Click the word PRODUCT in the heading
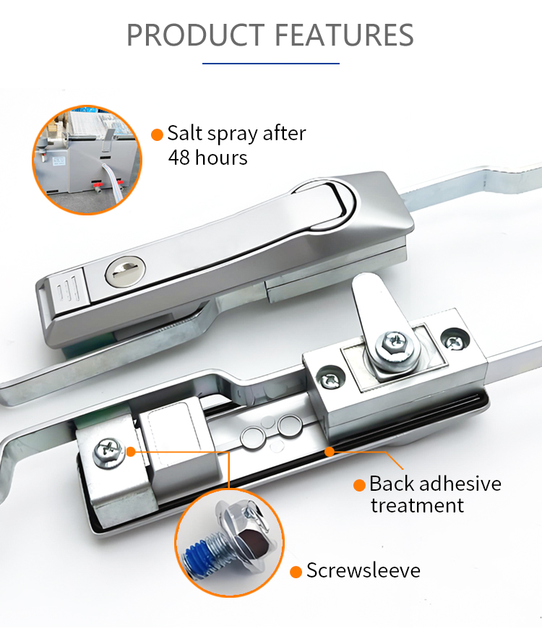(196, 35)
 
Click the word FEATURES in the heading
(345, 35)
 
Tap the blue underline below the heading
(271, 63)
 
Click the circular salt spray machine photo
(87, 160)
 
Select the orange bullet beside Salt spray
(157, 135)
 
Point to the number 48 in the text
(179, 158)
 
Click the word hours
(221, 158)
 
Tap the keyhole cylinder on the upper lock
(125, 272)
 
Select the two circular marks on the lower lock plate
(272, 432)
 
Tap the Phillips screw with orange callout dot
(109, 452)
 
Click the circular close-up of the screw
(229, 543)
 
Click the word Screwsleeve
(364, 570)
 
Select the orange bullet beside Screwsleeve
(296, 572)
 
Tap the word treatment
(417, 505)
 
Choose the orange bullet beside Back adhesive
(359, 485)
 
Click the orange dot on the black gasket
(330, 452)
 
